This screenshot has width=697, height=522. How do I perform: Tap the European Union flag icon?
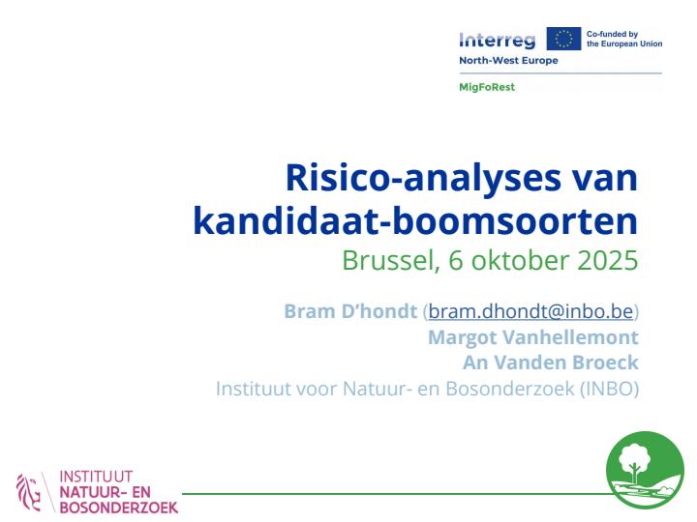point(563,40)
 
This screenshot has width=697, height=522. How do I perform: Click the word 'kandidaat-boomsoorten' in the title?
point(415,220)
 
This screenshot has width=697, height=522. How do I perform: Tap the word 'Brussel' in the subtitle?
point(381,259)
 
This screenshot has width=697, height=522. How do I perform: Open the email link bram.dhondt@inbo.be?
point(530,311)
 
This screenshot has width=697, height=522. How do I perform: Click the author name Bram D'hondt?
point(350,311)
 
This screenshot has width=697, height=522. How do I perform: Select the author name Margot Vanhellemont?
point(532,337)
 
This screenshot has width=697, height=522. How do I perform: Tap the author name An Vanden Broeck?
point(552,362)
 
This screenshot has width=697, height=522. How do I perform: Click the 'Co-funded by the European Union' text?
point(624,40)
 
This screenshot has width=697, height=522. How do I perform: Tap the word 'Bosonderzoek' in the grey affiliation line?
point(514,389)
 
